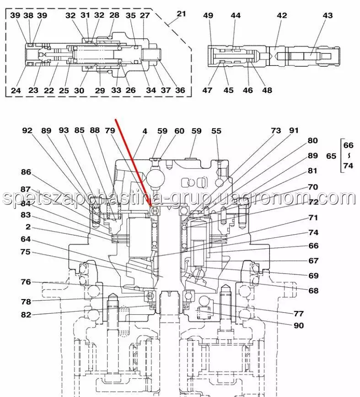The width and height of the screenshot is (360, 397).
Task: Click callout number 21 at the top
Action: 182,14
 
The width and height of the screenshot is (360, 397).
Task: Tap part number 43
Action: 328,16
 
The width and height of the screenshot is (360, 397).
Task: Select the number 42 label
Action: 282,16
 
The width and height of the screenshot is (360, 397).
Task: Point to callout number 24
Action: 16,90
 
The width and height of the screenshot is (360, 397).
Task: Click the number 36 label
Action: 180,90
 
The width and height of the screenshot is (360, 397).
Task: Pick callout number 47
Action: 208,90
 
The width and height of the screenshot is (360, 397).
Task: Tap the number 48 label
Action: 267,90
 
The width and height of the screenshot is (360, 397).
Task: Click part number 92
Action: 28,131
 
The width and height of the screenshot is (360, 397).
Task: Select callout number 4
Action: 145,131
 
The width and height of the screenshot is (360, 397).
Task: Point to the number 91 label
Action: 293,131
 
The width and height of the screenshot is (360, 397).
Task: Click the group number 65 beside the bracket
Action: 331,156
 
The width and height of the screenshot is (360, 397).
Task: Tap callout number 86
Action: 26,172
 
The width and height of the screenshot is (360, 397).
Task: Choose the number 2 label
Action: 28,227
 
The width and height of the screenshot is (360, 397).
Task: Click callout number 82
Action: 26,314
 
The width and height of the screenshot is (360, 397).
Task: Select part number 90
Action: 299,326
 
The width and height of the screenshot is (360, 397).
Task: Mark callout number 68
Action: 313,290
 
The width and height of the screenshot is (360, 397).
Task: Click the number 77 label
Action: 299,314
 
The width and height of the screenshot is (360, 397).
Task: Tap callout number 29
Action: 100,90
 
